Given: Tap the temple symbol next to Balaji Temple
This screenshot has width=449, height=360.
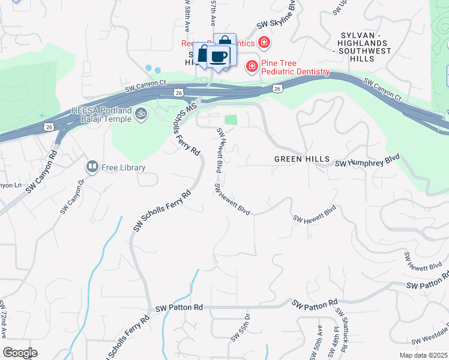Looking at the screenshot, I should [x=141, y=113].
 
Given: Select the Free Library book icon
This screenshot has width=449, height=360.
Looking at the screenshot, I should [x=92, y=166].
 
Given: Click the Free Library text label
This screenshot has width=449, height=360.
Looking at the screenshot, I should [x=123, y=167].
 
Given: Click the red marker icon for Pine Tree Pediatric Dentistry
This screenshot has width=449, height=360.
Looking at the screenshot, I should [x=252, y=65].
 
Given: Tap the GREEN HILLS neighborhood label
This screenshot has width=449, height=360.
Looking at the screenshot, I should [x=302, y=159].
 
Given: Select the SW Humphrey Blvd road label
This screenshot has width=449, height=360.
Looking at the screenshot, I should [x=367, y=162].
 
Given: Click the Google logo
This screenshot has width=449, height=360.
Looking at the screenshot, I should [x=20, y=353].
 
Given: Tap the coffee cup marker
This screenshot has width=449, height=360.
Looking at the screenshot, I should [x=218, y=57].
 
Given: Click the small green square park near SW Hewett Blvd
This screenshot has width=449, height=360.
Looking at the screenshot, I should [x=231, y=119].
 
